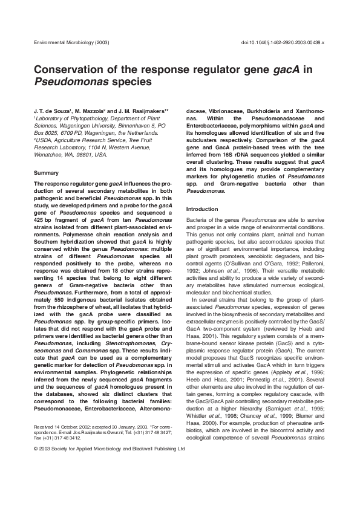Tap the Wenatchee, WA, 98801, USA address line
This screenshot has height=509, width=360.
pyautogui.click(x=71, y=154)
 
